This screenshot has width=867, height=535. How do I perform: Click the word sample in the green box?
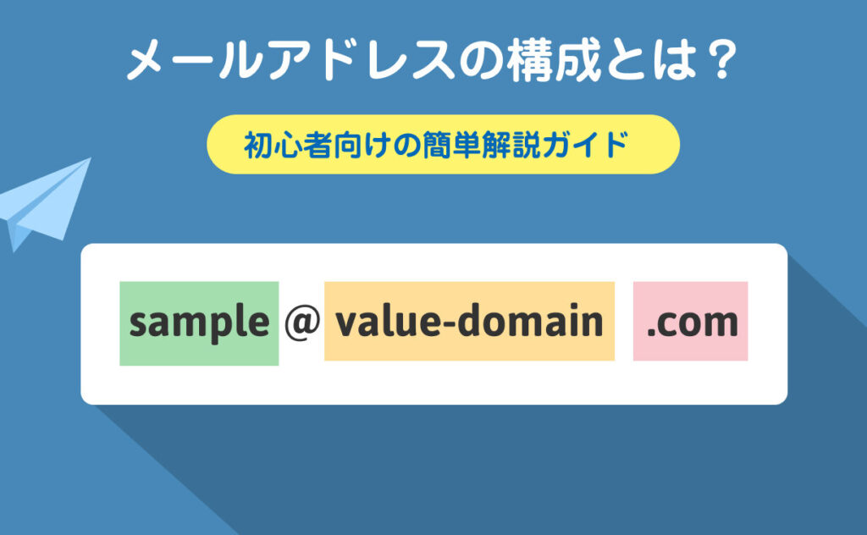199,323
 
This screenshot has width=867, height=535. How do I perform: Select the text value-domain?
469,321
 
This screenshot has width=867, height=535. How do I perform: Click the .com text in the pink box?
693,323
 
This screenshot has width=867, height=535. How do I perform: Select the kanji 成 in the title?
577,59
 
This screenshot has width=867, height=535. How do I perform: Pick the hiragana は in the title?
675,60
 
